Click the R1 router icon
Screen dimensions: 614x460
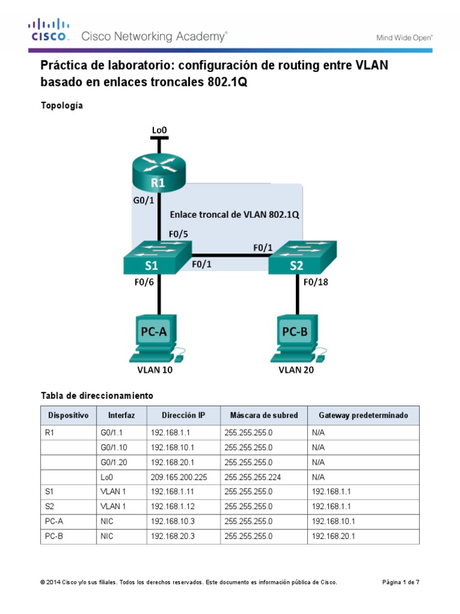coord(159,173)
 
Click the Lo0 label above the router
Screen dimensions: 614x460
coord(159,130)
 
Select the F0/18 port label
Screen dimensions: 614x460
coord(317,282)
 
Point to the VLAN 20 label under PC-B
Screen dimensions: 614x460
coord(296,370)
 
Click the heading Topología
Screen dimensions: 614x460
coord(62,106)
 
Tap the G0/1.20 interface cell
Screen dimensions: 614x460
coord(114,462)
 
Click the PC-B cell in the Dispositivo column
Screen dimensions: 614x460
coord(54,537)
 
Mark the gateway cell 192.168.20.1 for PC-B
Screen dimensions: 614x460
coord(334,537)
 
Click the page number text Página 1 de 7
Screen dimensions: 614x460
coord(401,582)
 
